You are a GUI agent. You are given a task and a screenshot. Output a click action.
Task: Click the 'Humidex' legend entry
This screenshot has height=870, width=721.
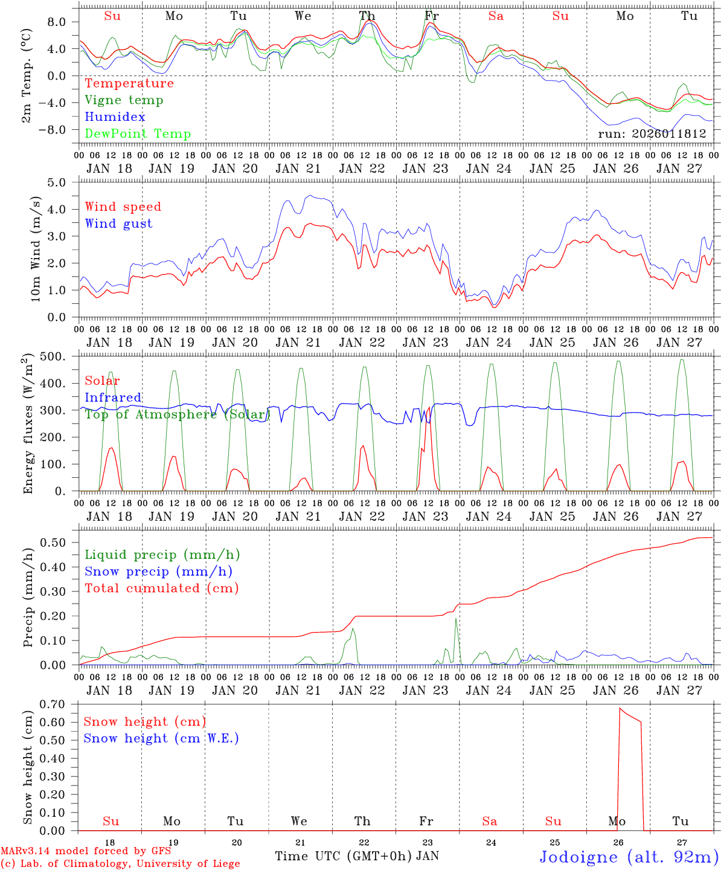tap(115, 117)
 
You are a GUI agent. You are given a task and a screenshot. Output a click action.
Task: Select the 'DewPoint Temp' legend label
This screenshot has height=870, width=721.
tap(138, 134)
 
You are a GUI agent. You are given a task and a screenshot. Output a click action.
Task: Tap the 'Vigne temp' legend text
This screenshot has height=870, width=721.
tap(124, 100)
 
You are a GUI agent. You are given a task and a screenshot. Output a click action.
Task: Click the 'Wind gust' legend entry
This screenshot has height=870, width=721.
tap(118, 224)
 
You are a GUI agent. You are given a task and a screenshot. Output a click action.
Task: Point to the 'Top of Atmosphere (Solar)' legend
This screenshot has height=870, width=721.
tap(177, 414)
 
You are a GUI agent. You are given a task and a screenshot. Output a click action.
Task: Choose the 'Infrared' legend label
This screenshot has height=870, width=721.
tap(113, 398)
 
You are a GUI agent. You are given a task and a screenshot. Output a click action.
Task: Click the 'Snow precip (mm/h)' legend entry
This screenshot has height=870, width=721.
tap(158, 572)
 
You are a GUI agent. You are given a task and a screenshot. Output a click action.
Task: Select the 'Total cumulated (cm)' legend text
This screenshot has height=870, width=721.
tap(161, 588)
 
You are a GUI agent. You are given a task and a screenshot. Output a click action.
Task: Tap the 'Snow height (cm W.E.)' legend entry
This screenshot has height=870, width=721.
tap(161, 738)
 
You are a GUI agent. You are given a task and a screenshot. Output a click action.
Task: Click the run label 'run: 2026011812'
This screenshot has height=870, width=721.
tap(652, 134)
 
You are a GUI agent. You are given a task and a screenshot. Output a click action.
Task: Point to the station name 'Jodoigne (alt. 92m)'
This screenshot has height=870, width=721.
tap(629, 857)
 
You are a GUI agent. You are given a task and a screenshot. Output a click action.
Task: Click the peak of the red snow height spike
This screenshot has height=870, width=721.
tap(620, 708)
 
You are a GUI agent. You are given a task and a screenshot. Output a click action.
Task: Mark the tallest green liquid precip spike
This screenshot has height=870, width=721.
tap(456, 619)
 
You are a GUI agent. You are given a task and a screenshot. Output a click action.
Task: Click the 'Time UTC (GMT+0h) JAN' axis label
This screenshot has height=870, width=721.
tap(356, 856)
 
